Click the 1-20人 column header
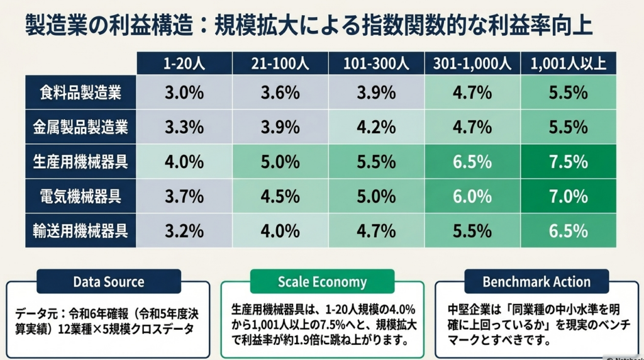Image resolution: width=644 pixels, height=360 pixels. click(184, 64)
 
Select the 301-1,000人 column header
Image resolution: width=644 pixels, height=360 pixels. click(472, 64)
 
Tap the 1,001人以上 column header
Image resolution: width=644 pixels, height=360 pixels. click(569, 64)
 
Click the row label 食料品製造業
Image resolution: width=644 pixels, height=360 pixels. click(80, 92)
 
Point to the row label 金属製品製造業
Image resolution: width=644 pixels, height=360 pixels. click(80, 127)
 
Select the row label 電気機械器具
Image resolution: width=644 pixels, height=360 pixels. click(80, 196)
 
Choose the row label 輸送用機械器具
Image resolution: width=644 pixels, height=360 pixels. click(80, 230)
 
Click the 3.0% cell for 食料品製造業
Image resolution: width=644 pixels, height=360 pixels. click(184, 92)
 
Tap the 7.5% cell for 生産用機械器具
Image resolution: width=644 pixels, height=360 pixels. click(569, 162)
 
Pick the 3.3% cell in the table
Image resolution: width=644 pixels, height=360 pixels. click(184, 127)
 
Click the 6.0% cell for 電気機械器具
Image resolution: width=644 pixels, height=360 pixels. click(472, 196)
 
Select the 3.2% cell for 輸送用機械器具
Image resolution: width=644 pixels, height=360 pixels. click(184, 230)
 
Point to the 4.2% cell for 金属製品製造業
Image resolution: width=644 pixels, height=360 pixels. click(376, 127)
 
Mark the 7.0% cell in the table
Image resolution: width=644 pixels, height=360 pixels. click(569, 196)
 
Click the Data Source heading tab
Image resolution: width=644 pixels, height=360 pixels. click(109, 281)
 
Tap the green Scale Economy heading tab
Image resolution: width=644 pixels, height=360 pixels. click(323, 281)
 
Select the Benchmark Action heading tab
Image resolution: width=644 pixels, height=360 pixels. click(536, 281)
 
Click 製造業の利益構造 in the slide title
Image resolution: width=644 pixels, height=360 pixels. click(109, 25)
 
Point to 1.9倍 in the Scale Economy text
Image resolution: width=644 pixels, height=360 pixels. click(304, 340)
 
